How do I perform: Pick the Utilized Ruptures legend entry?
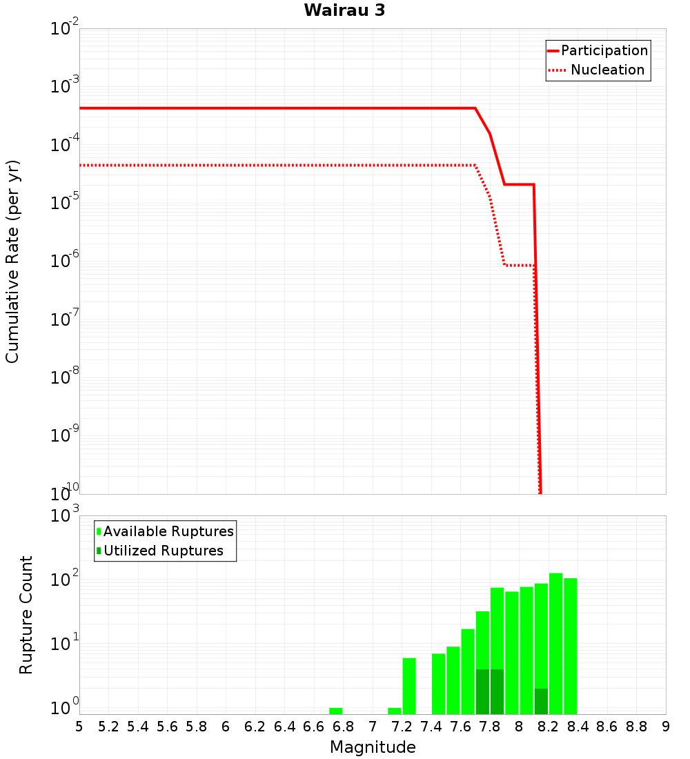coord(163,551)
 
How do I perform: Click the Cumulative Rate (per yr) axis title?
coord(12,261)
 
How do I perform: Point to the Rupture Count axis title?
coord(26,615)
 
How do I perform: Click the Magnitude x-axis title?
coord(373,747)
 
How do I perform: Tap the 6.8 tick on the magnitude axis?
coord(343,727)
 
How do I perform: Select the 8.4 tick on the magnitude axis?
coord(578,727)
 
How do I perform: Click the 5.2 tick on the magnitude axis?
coord(108,727)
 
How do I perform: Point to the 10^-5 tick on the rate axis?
coord(65,203)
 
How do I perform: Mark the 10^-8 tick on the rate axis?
coord(65,377)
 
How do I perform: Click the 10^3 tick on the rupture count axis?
coord(65,516)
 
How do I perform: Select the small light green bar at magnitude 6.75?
coord(336,711)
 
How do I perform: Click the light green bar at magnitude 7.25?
coord(409,686)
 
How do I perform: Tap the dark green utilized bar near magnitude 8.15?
coord(541,701)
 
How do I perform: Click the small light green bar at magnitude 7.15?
coord(395,711)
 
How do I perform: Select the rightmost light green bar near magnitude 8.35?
coord(570,646)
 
